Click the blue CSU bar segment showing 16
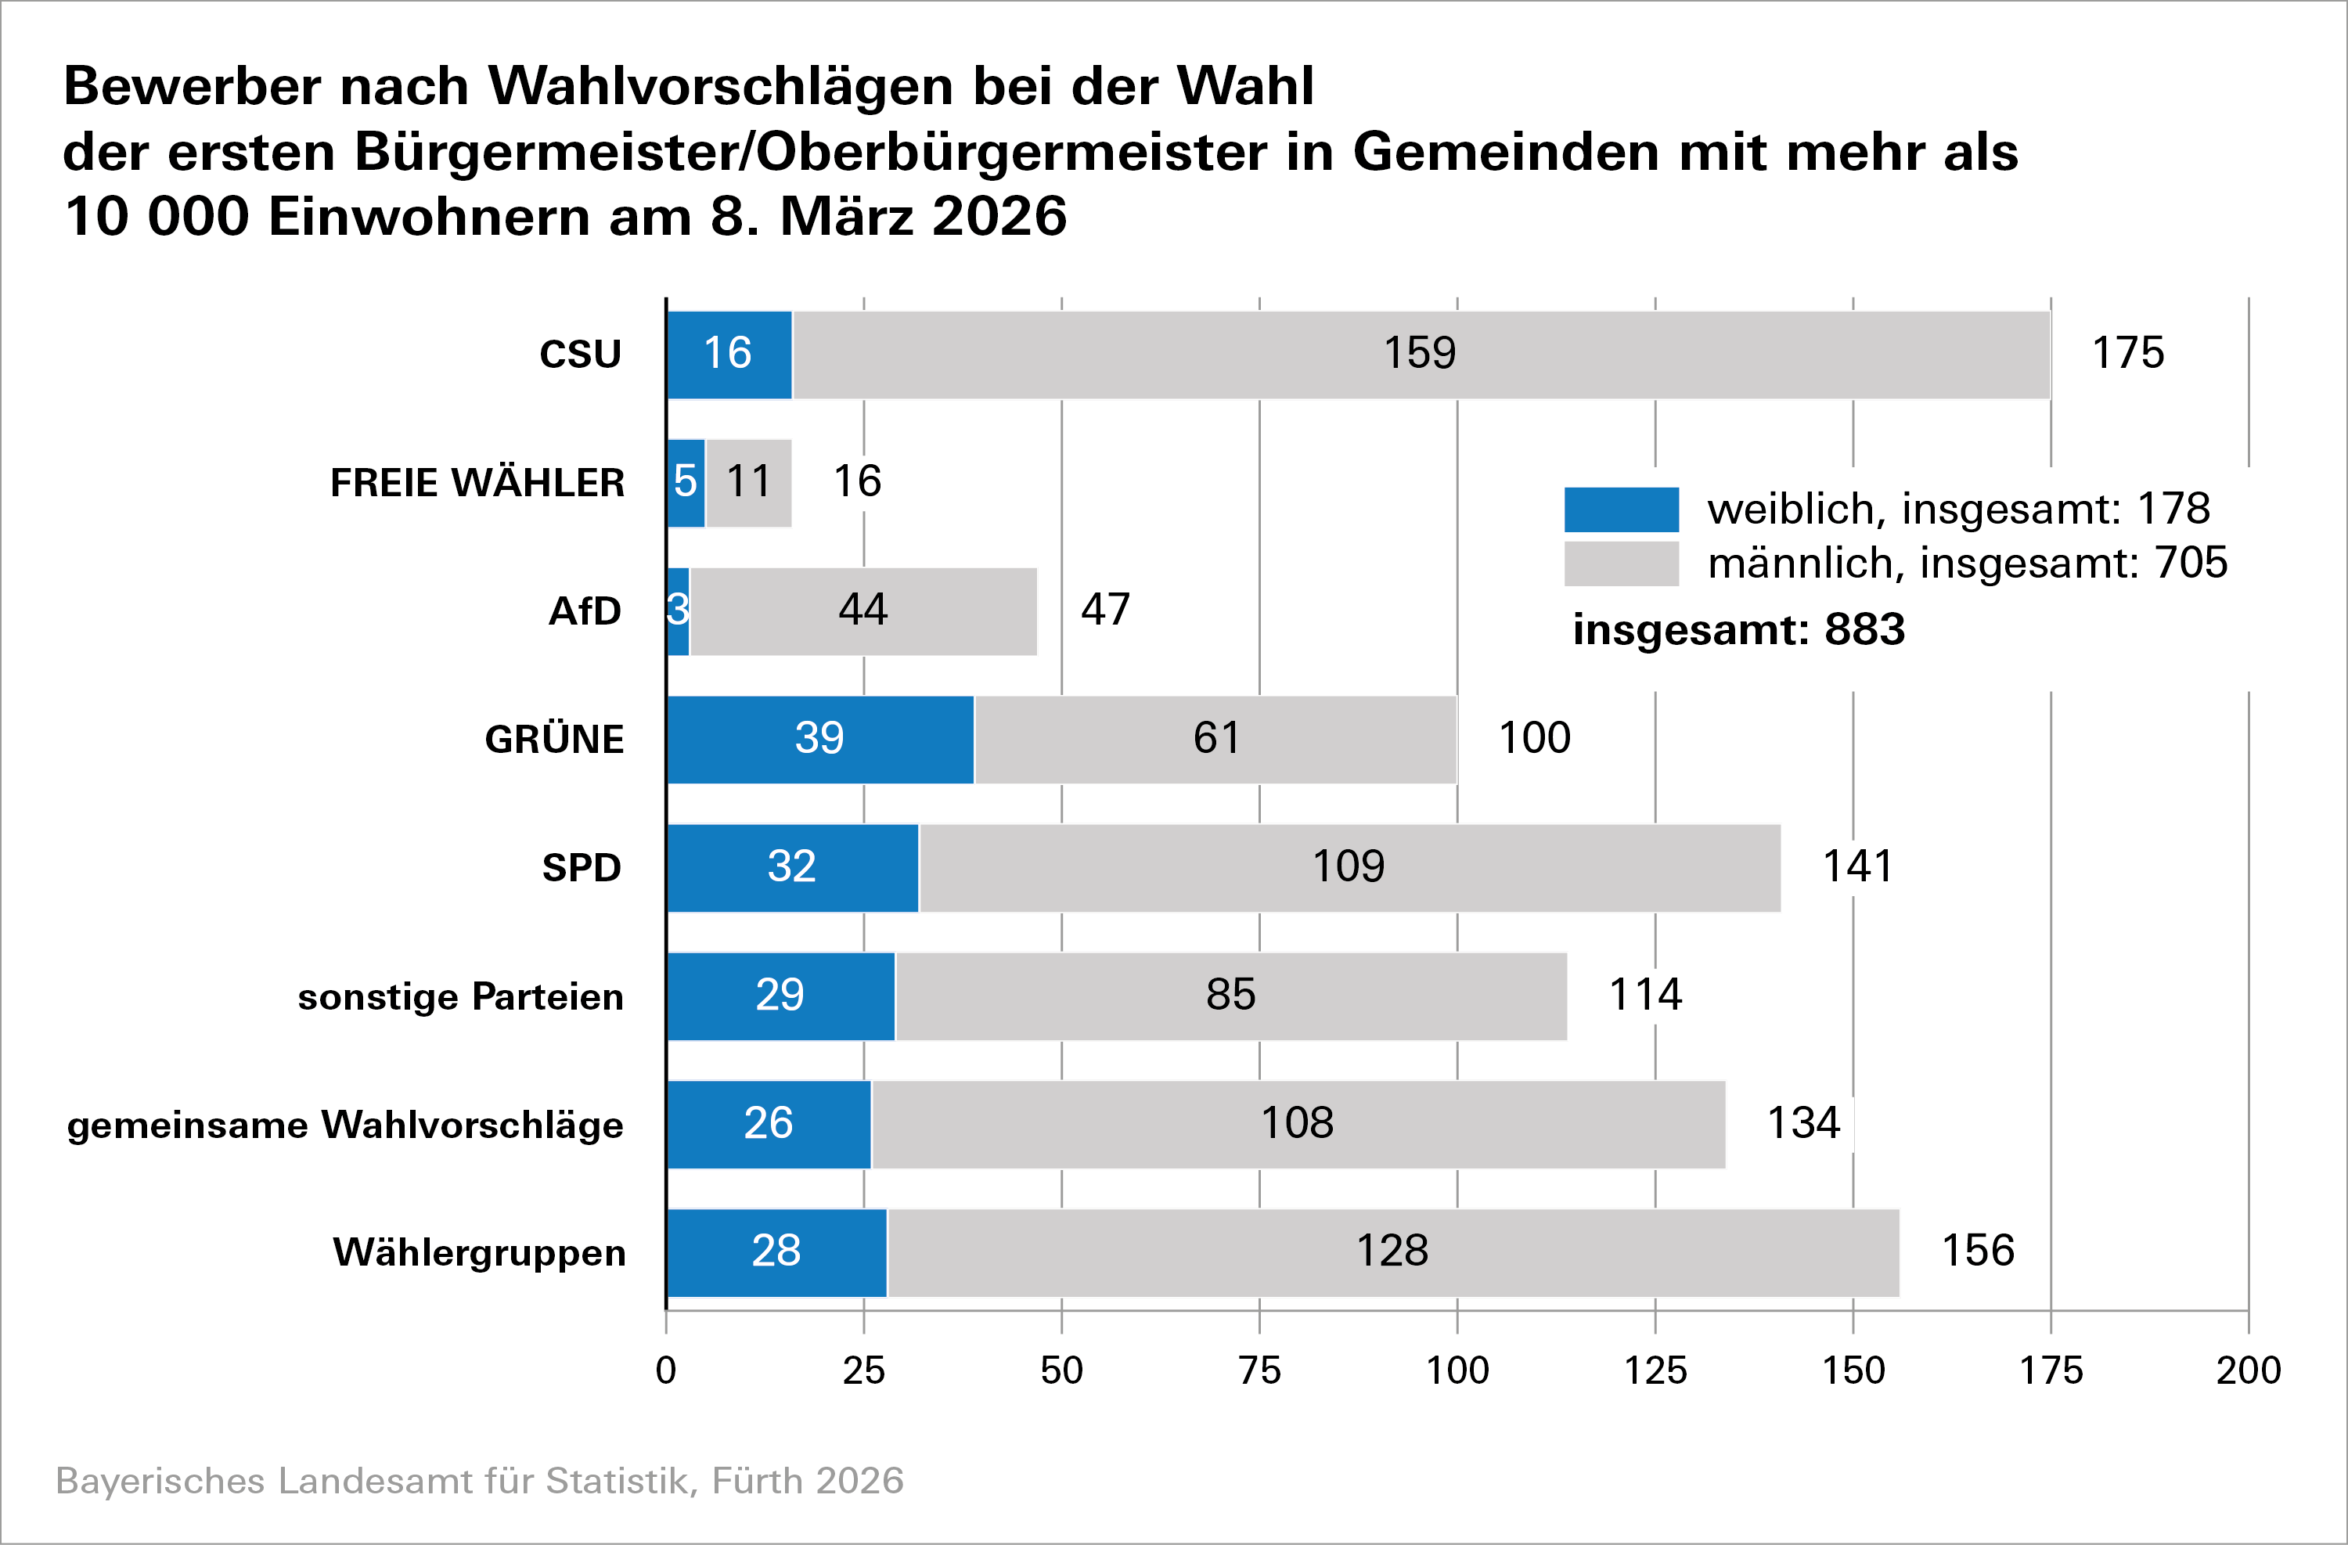(729, 355)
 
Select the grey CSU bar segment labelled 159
(1421, 355)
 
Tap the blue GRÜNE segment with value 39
(819, 739)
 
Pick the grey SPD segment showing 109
(1349, 867)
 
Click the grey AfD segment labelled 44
(863, 610)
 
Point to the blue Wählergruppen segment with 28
(776, 1252)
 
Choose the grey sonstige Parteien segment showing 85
(1230, 996)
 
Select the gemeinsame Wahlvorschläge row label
(345, 1125)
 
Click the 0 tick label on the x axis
(666, 1370)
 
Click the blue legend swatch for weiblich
(1621, 509)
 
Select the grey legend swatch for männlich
(1621, 564)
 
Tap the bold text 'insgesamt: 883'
(1738, 629)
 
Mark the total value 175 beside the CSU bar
(2128, 353)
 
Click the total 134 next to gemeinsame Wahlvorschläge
(1802, 1122)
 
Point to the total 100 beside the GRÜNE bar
(1534, 738)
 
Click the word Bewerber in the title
(193, 87)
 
